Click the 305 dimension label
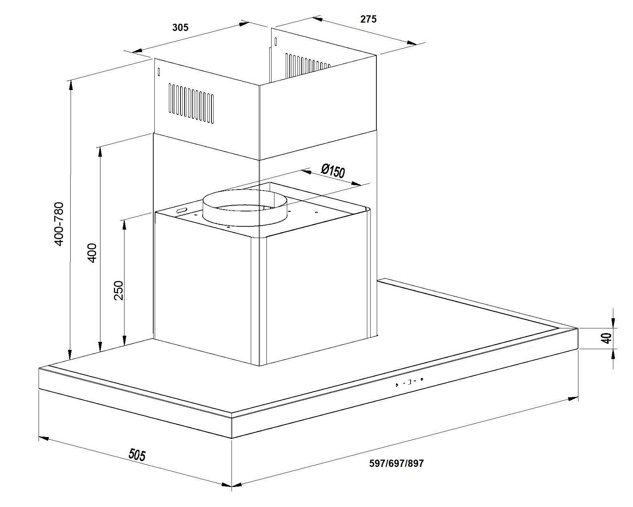[x=181, y=27]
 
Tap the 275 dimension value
[x=368, y=19]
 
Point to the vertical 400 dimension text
[x=92, y=253]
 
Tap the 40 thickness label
[x=607, y=338]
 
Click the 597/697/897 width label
[x=396, y=463]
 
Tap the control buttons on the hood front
[x=409, y=382]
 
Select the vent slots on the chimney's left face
[x=191, y=102]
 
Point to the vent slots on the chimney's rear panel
[x=308, y=62]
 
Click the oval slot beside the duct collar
[x=181, y=210]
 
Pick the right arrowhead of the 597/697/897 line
[x=573, y=398]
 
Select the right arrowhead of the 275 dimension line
[x=412, y=43]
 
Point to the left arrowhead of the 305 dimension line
[x=137, y=52]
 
